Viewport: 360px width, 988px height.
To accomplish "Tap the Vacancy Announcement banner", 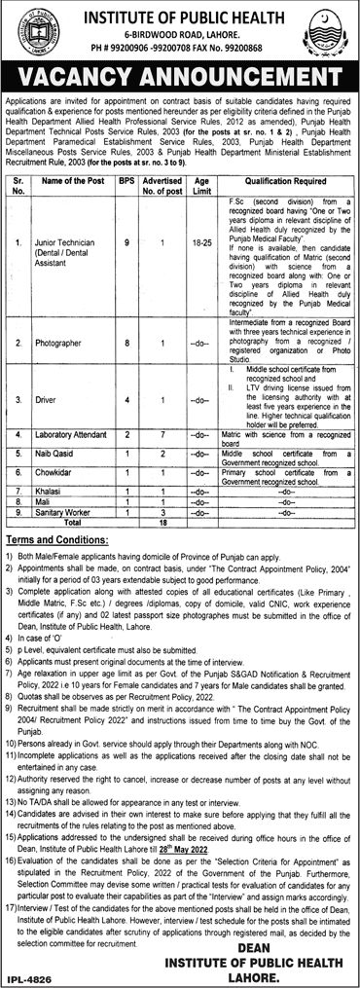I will pos(180,75).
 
